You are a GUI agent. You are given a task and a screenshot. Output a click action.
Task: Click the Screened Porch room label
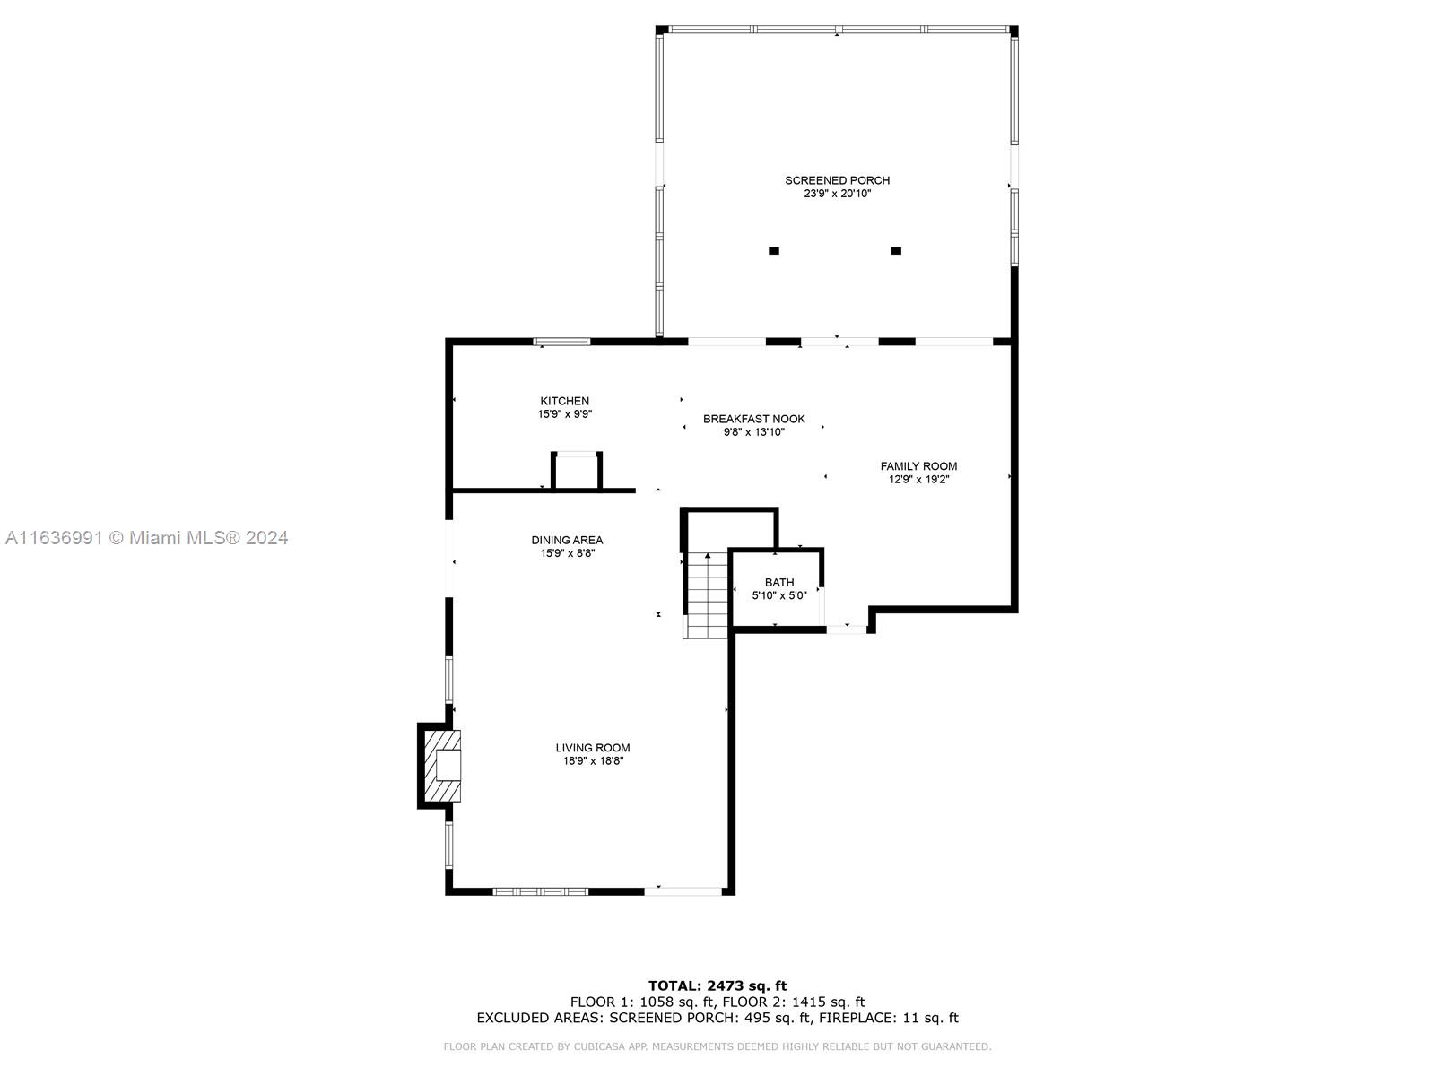pos(837,180)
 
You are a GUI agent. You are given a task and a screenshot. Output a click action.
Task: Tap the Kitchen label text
pos(564,401)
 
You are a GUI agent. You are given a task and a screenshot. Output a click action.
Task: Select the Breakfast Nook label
pos(753,419)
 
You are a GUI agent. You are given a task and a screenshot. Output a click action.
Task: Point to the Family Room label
pos(918,466)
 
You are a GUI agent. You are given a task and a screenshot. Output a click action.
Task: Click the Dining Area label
pos(567,541)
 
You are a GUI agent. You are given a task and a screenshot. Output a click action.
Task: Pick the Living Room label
pos(592,748)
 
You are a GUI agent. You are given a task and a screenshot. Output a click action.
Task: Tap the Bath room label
pos(779,583)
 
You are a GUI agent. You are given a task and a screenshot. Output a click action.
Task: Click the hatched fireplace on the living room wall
pos(442,766)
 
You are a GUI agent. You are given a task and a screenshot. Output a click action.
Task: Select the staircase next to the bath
pos(706,595)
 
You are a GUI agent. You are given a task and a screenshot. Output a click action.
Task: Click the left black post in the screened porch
pos(774,251)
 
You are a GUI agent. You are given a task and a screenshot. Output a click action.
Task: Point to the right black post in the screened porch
pos(896,251)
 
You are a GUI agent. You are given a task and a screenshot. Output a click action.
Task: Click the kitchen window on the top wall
pos(561,342)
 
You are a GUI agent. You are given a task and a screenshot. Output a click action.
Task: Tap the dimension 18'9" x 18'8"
pos(593,761)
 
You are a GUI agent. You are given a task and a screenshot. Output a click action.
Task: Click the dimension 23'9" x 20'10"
pos(837,194)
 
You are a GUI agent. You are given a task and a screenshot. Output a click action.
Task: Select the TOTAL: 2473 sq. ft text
pos(717,985)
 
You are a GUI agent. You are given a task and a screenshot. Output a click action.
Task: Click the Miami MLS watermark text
pos(147,538)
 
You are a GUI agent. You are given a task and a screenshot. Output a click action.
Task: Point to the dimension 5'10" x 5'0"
pos(779,595)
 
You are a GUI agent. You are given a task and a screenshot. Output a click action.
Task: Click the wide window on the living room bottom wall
pos(541,892)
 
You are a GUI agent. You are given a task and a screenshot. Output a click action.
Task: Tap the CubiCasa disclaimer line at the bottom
pos(717,1046)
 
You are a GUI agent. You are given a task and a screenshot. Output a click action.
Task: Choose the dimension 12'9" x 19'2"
pos(918,480)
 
